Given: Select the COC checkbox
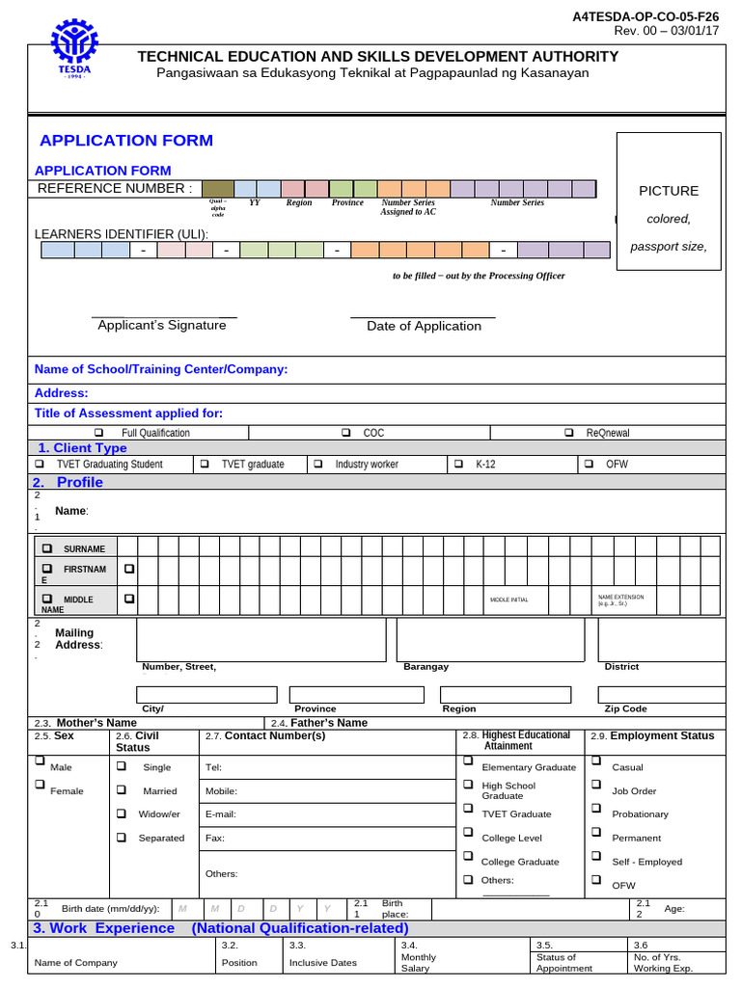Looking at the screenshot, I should tap(345, 433).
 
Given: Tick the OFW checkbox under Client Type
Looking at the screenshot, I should tap(589, 464).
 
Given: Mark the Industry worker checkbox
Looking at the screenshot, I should tap(317, 464).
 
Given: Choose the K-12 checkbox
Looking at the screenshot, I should tap(458, 464).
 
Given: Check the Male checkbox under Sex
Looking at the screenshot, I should tap(41, 761).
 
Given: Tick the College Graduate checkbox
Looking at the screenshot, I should tap(468, 856).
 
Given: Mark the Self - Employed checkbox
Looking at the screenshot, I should tap(596, 856).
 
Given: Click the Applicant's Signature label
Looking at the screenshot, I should tap(162, 326).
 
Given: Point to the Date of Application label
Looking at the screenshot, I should tap(424, 327).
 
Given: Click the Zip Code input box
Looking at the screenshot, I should tap(661, 695).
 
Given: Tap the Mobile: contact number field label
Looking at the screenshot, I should tap(221, 791).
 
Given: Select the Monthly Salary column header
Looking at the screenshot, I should tap(419, 963).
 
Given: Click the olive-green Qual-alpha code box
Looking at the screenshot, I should tap(218, 188).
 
